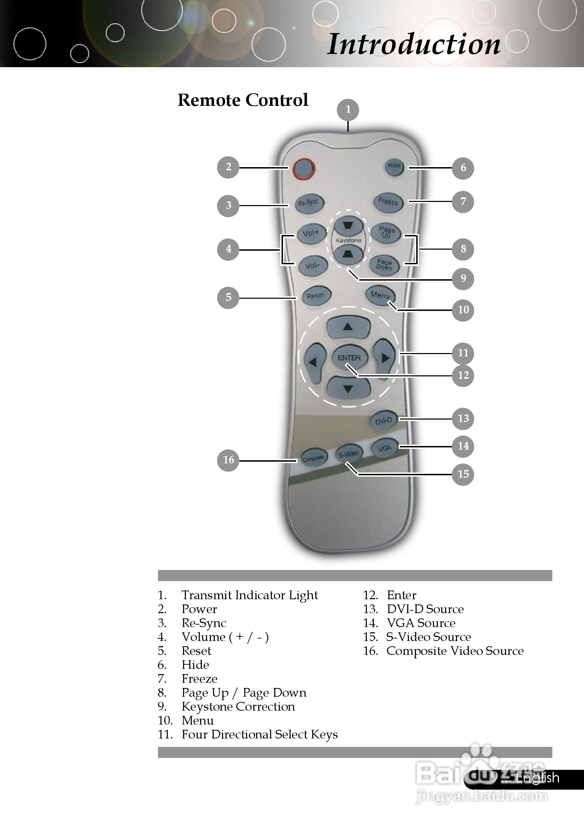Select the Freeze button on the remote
point(388,202)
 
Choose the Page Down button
point(384,265)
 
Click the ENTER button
point(349,358)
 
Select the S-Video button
point(348,454)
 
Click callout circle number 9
point(463,279)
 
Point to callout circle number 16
point(228,460)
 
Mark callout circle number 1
point(348,109)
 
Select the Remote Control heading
point(243,100)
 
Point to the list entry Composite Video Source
point(455,651)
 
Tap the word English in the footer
point(537,778)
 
